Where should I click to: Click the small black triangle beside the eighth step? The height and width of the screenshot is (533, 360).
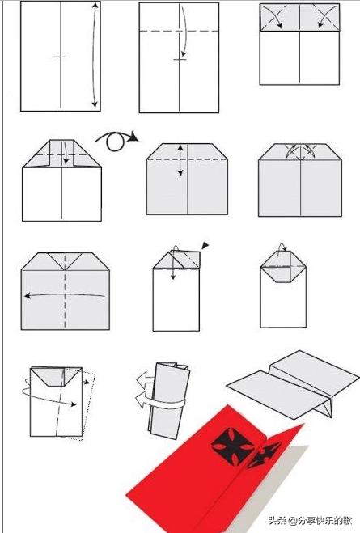point(205,245)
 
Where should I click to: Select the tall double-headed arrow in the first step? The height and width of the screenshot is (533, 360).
point(95,55)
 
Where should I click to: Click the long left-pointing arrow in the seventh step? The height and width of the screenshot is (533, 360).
point(65,295)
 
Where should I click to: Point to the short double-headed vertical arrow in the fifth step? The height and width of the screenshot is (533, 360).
point(180,160)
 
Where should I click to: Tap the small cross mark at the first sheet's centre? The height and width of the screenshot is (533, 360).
point(61,57)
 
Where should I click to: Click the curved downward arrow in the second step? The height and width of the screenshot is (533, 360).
point(184,32)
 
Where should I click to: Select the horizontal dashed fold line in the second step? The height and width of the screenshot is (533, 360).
point(179,32)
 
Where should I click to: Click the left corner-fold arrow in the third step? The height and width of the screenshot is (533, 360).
point(276,17)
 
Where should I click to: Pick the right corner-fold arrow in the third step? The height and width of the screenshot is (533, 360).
point(324,17)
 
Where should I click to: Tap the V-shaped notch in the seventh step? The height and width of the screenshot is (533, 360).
point(65,261)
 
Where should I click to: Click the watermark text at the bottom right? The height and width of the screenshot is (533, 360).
point(310,520)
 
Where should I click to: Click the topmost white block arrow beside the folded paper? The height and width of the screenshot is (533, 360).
point(146,379)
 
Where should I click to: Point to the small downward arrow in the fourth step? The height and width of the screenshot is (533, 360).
point(66,153)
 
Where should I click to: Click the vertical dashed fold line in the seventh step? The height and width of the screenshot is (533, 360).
point(65,299)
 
